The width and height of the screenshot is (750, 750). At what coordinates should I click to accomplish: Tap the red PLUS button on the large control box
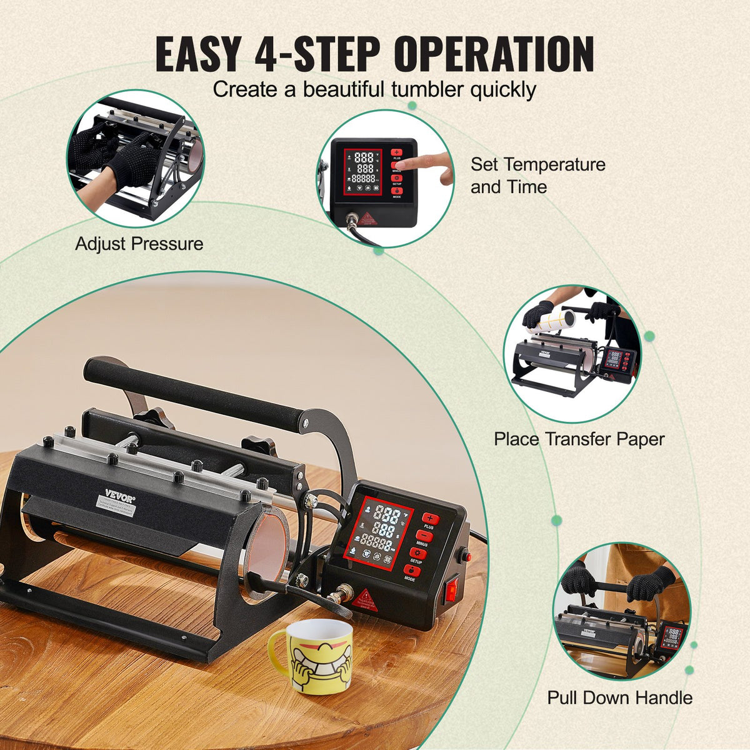431,519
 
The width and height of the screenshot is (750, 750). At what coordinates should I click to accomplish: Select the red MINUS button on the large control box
424,537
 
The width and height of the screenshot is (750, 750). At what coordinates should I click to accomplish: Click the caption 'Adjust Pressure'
139,244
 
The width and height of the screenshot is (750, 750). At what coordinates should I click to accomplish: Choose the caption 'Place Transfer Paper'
579,439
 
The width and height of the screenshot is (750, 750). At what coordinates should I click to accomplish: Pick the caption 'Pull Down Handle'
620,697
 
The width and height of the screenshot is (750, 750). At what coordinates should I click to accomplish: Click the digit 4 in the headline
267,55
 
